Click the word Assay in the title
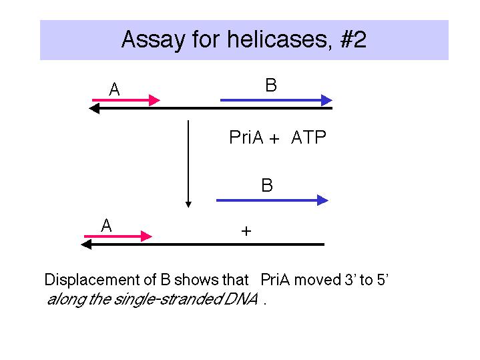point(153,39)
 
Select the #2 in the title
point(353,39)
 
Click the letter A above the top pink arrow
point(114,89)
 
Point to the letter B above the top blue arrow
point(271,85)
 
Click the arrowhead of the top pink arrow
point(154,100)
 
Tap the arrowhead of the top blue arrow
point(326,100)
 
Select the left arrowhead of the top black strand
point(94,108)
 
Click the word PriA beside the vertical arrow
point(246,138)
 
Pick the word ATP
point(308,138)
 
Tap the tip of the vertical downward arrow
point(188,208)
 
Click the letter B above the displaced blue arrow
point(267,186)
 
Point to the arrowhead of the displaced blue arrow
point(322,200)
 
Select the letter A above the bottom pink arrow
point(106,226)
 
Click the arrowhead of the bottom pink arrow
point(146,236)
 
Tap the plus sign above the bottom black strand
point(246,231)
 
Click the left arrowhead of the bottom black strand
point(86,244)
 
